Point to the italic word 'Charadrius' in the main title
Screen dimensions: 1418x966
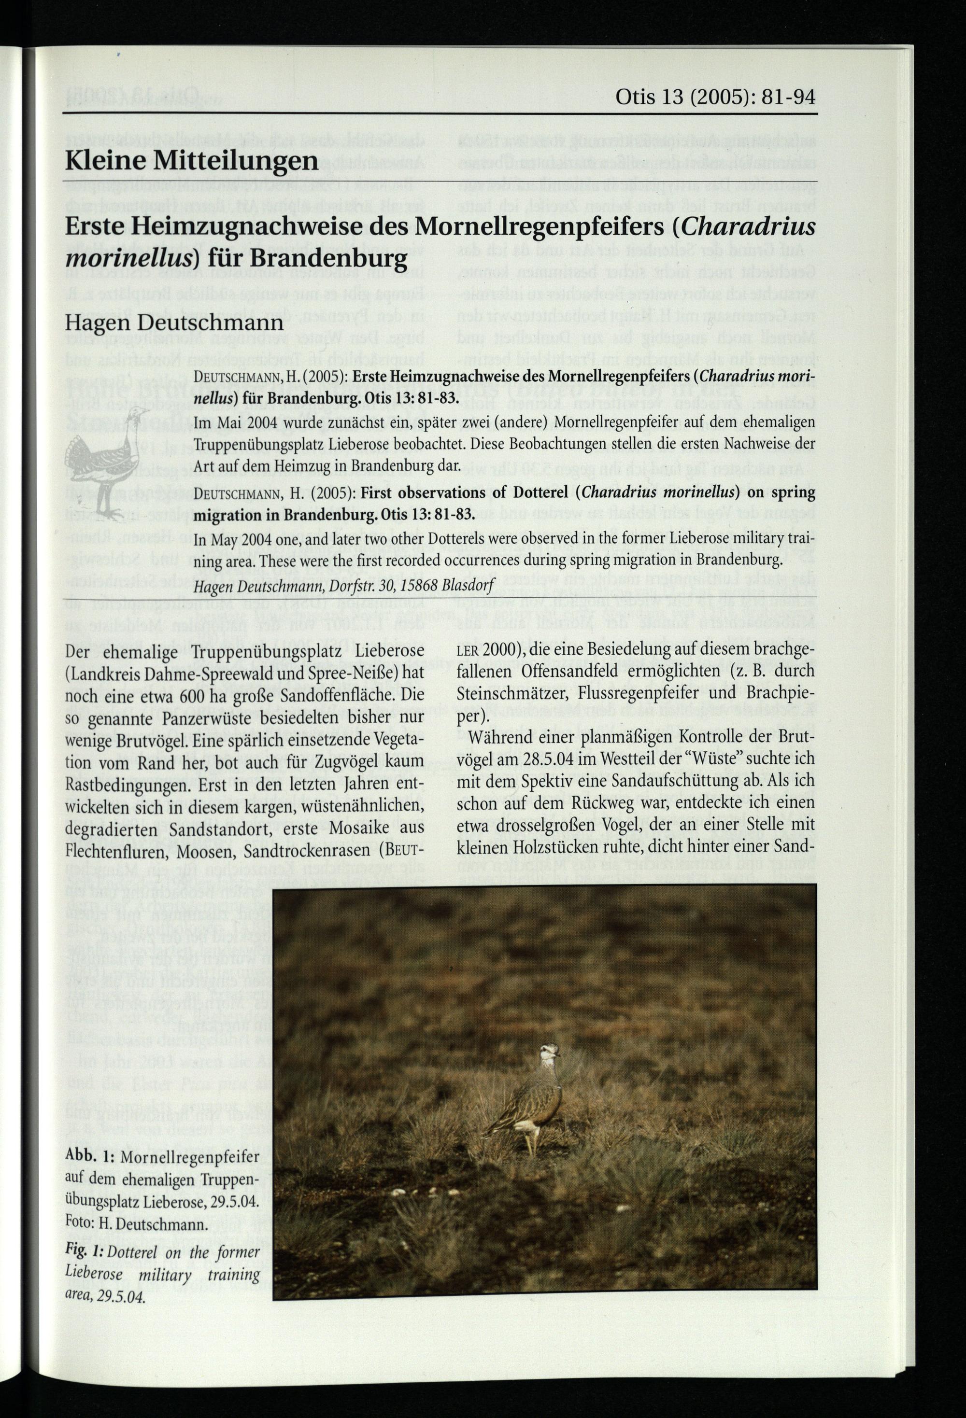point(750,227)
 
